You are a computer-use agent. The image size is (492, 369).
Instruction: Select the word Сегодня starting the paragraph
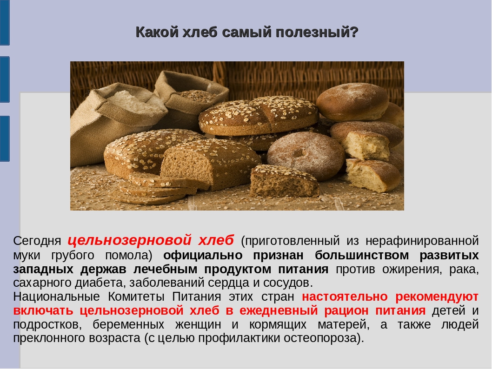37,241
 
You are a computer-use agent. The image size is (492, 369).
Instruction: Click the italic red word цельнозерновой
129,240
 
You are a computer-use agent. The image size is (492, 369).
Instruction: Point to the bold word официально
203,255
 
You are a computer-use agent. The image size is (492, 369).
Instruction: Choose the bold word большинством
362,255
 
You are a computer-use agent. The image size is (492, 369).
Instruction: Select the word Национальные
56,296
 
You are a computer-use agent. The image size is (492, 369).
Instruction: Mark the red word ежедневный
279,310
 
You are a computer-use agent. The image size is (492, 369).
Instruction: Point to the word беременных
128,324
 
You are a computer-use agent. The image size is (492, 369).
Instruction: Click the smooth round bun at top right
352,102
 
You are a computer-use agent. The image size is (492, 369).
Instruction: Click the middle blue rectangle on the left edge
5,79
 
